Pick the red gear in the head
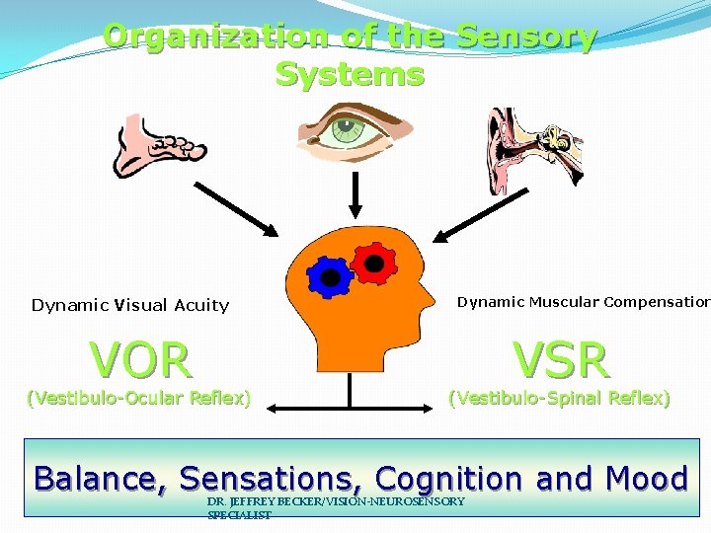pos(373,261)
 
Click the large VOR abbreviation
pos(140,360)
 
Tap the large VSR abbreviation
pos(562,360)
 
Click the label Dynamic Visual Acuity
pos(130,305)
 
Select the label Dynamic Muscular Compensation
pos(583,302)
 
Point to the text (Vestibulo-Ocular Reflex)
pos(138,399)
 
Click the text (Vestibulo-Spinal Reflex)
pos(559,399)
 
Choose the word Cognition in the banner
pos(450,479)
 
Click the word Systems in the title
pos(350,74)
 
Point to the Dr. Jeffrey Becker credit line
pos(336,507)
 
